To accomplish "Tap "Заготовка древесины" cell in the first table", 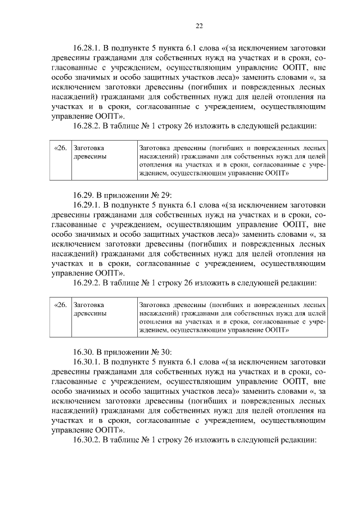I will coord(90,152).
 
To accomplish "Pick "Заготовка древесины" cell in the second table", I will coord(90,309).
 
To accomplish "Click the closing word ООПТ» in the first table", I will coord(277,174).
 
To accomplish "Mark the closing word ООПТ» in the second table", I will coord(277,331).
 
